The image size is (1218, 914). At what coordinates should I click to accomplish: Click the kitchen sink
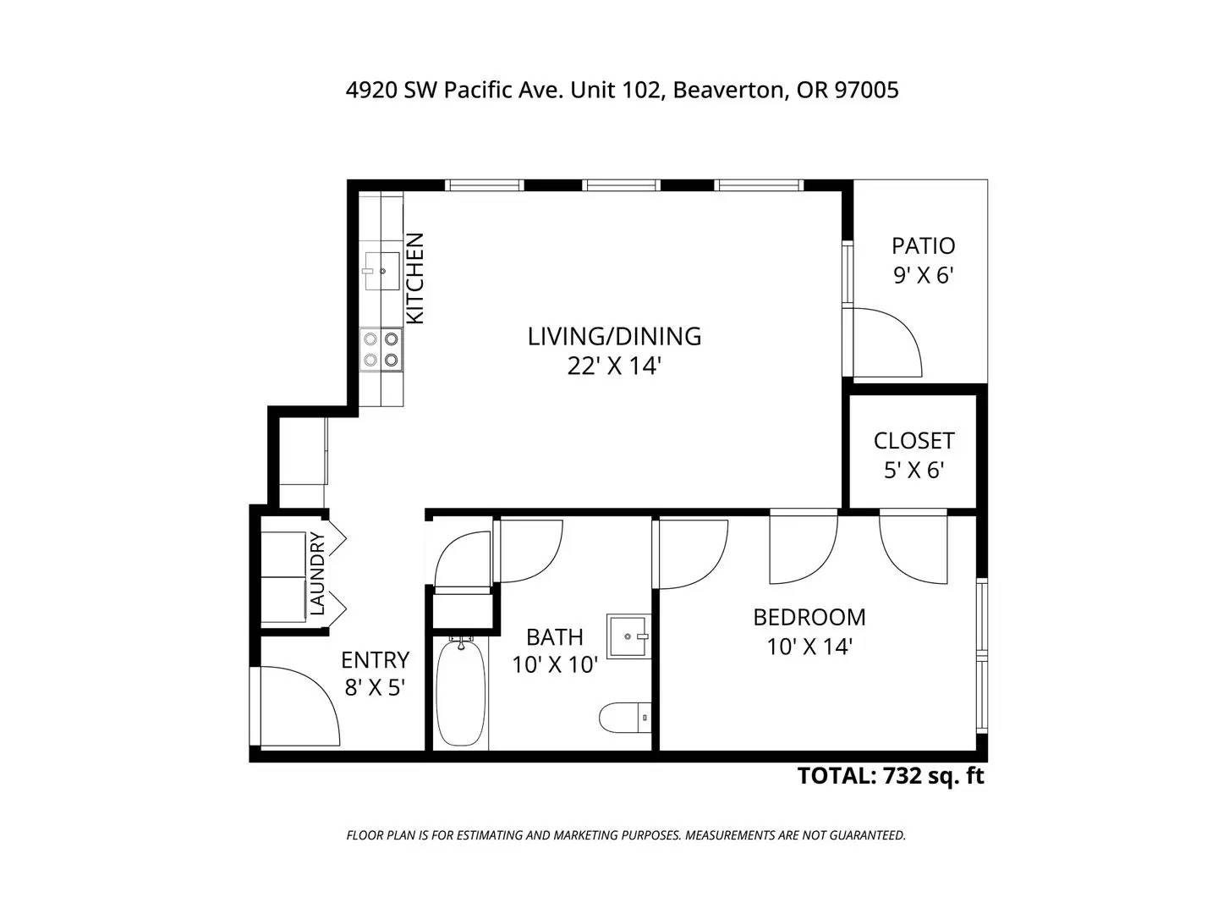coord(381,270)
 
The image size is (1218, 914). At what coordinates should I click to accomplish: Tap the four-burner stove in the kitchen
coord(381,349)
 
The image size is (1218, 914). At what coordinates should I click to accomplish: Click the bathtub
coord(461,694)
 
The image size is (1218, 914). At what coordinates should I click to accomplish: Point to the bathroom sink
coord(628,636)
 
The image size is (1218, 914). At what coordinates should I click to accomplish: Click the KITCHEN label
coord(415,278)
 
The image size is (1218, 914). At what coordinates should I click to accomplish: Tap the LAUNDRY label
coord(317,573)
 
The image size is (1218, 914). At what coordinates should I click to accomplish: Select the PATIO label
coord(923,245)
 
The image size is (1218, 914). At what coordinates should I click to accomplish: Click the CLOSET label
coord(913,441)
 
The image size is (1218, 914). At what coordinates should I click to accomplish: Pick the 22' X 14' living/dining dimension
coord(614,366)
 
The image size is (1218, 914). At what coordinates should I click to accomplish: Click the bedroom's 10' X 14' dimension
coord(809,647)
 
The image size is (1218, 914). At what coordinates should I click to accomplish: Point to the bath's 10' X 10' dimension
coord(554,665)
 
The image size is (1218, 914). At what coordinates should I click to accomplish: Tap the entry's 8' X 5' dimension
coord(375,688)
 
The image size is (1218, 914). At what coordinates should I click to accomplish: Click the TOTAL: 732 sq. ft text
coord(890,776)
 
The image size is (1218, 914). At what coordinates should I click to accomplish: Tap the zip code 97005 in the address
coord(867,90)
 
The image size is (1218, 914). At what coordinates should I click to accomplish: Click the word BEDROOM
coord(809,617)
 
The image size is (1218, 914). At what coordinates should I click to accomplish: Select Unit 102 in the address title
coord(617,90)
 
